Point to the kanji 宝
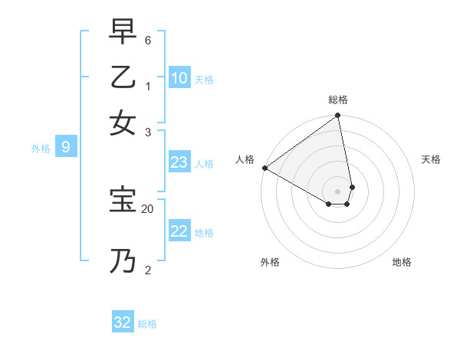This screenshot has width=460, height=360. coord(123,198)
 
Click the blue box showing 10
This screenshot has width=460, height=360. coord(179,78)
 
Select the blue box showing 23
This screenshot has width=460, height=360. coord(179,162)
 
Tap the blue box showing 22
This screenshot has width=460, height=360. coord(179,231)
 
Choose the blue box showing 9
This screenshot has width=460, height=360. coord(66,148)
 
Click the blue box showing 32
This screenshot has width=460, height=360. coord(123,322)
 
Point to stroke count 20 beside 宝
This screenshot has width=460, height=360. coord(148,208)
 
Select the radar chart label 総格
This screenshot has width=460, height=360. coord(338,100)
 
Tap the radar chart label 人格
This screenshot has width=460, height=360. coord(245,159)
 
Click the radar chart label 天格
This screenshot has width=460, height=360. coord(431,159)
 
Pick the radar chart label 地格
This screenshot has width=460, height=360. coord(402,262)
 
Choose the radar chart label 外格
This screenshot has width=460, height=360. coord(270,262)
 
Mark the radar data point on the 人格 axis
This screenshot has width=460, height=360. coord(264,168)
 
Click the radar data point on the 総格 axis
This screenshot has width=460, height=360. coord(337,116)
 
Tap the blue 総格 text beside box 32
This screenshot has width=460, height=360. coord(147,324)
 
